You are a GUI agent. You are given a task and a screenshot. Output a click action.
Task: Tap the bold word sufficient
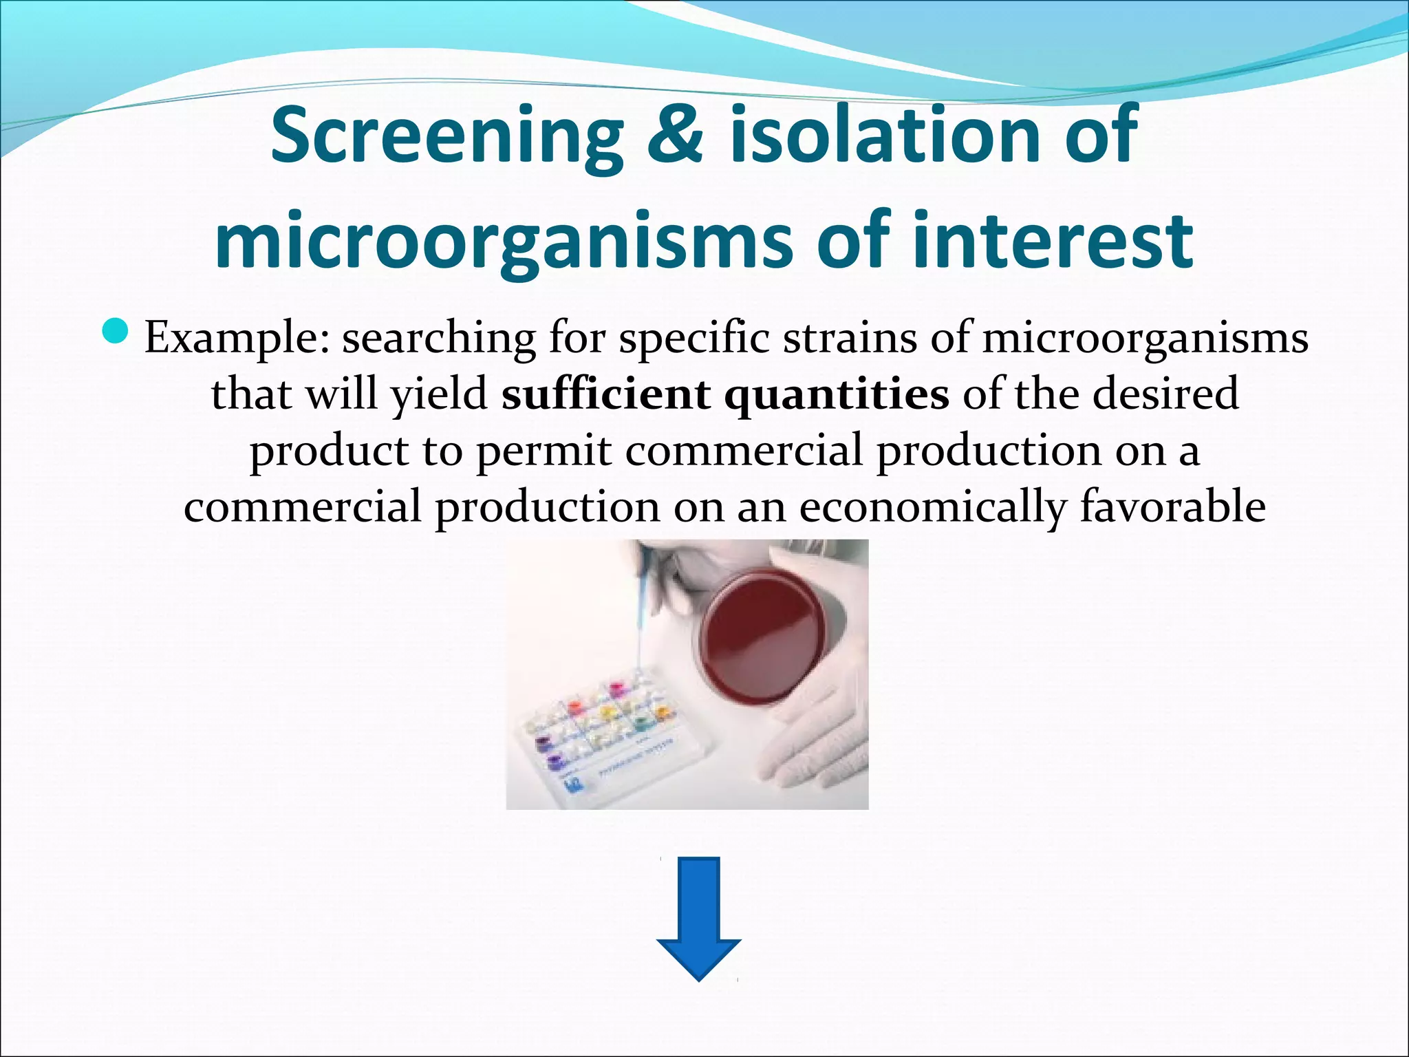[605, 394]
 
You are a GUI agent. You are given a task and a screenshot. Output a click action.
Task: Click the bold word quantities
[837, 396]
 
